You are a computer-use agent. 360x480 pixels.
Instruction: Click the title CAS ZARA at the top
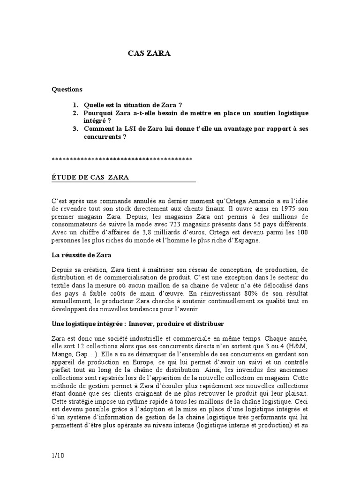click(150, 54)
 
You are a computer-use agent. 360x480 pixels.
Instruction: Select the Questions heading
click(67, 89)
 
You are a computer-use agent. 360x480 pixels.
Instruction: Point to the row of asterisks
click(122, 160)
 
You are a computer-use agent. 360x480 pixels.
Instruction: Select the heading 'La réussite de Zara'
click(80, 255)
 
